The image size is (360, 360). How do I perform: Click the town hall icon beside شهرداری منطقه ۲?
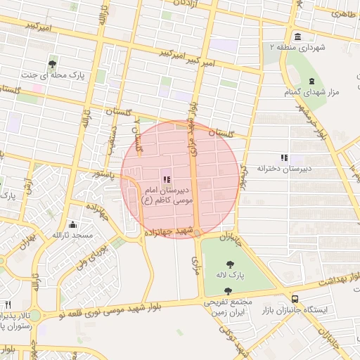(x=295, y=37)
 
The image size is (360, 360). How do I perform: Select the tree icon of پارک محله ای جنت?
(x=53, y=64)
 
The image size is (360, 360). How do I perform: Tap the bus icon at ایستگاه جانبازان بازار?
(x=295, y=299)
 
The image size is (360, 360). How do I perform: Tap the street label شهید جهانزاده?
(x=169, y=231)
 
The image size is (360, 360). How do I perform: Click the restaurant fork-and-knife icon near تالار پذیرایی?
(x=8, y=304)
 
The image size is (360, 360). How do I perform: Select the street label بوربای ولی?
(x=91, y=254)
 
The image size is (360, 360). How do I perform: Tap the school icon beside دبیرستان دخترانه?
(x=284, y=158)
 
